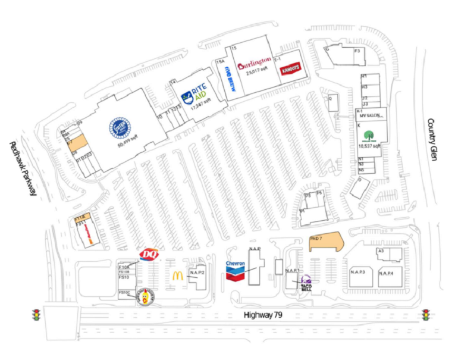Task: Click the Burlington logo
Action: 255,61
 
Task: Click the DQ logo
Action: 147,255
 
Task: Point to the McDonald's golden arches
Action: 177,276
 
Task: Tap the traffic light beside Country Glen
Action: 426,314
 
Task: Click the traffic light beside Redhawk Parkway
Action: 36,314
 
